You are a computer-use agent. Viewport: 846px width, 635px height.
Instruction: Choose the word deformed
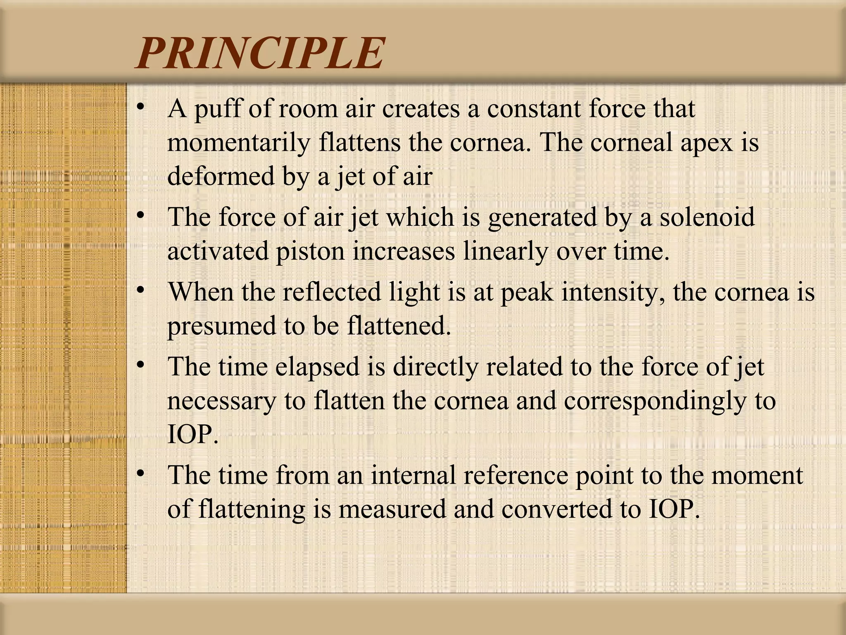pyautogui.click(x=221, y=176)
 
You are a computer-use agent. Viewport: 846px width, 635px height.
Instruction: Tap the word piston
pyautogui.click(x=310, y=251)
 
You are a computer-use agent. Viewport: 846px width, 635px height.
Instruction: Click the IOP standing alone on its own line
pyautogui.click(x=192, y=434)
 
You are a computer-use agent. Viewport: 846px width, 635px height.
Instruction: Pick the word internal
pyautogui.click(x=413, y=475)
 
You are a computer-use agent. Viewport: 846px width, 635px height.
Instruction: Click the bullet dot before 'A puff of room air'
pyautogui.click(x=141, y=108)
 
